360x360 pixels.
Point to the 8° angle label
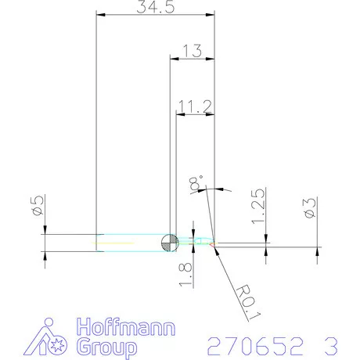point(196,184)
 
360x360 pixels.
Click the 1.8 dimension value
point(185,275)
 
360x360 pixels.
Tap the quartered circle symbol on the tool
point(168,243)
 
